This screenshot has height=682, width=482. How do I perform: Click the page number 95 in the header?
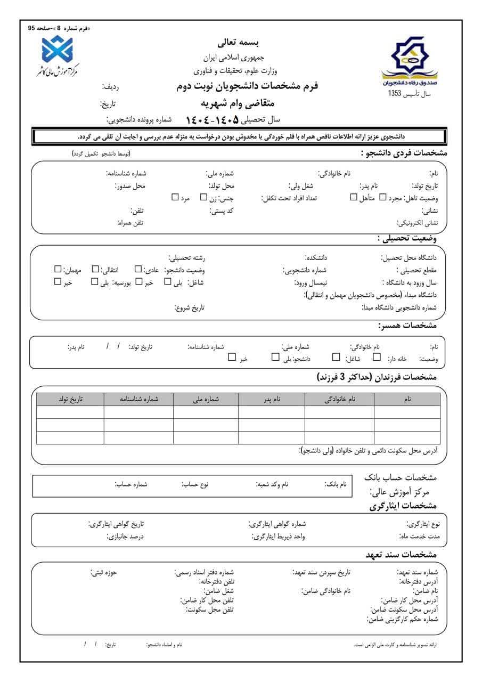[31, 28]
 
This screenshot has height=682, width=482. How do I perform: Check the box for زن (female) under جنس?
[203, 198]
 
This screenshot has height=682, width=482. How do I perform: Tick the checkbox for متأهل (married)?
[354, 198]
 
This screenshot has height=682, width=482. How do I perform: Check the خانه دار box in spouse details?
[377, 358]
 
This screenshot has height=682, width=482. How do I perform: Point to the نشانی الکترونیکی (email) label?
[416, 222]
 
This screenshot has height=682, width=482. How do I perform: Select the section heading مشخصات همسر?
[407, 325]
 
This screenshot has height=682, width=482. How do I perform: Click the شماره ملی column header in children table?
[206, 399]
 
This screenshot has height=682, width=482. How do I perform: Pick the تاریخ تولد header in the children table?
[70, 399]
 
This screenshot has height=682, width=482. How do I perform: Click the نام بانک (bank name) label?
[336, 484]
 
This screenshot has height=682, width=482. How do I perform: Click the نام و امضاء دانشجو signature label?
[164, 645]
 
